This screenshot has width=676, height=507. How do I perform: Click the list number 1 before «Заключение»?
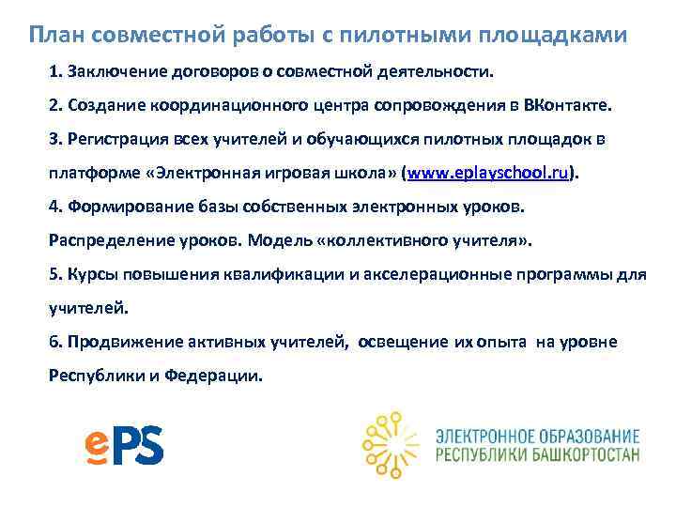[54, 71]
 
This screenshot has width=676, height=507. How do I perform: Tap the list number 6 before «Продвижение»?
[54, 342]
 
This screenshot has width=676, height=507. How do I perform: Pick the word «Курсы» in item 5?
[90, 274]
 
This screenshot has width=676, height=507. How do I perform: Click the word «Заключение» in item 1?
[110, 71]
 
